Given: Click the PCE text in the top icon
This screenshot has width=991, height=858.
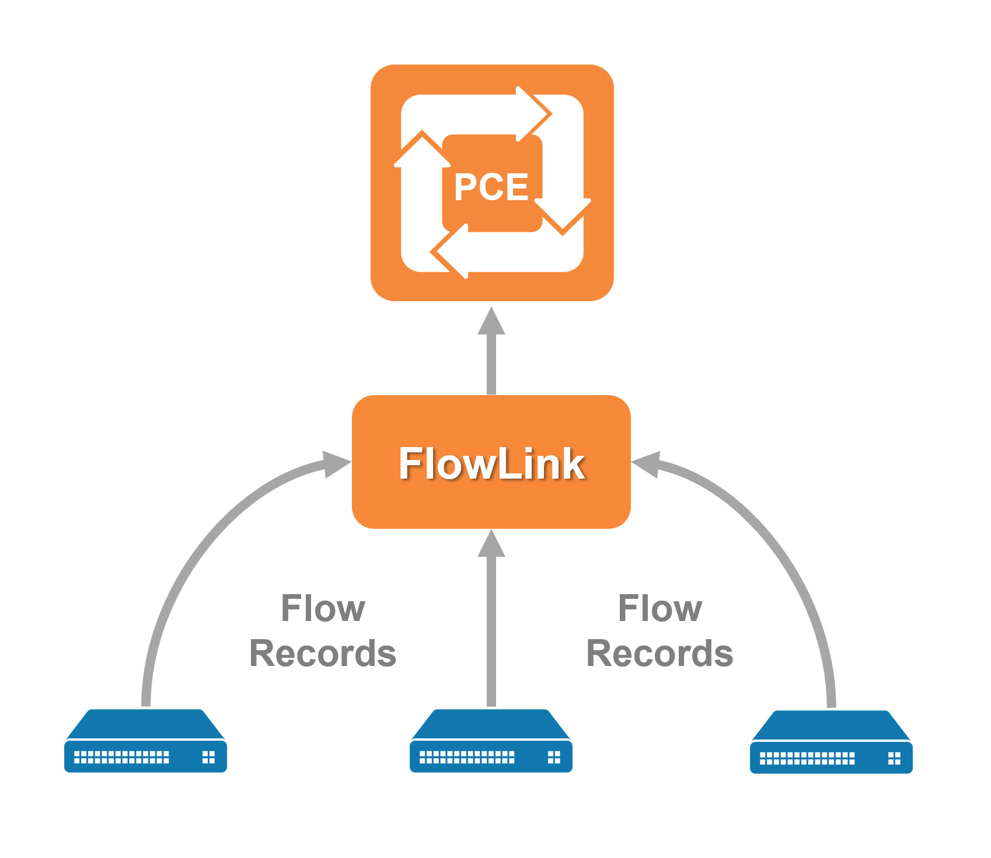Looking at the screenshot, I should point(491,187).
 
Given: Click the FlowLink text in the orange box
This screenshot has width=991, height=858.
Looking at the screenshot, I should point(491,463).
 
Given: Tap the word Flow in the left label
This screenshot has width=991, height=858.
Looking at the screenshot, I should point(323,609).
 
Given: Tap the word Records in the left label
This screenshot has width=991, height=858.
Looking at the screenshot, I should point(323,653).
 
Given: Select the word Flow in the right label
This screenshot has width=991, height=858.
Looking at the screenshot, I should point(659,609).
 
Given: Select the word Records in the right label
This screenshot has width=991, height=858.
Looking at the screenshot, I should point(659,653).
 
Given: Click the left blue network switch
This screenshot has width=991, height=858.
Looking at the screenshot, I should point(145,741).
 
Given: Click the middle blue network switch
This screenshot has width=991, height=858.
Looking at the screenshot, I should point(491,741).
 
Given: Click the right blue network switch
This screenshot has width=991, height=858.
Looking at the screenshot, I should point(831,742).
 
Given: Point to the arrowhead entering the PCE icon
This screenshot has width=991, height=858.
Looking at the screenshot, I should point(491,323).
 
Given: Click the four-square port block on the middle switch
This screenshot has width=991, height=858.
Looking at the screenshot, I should point(554,758).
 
